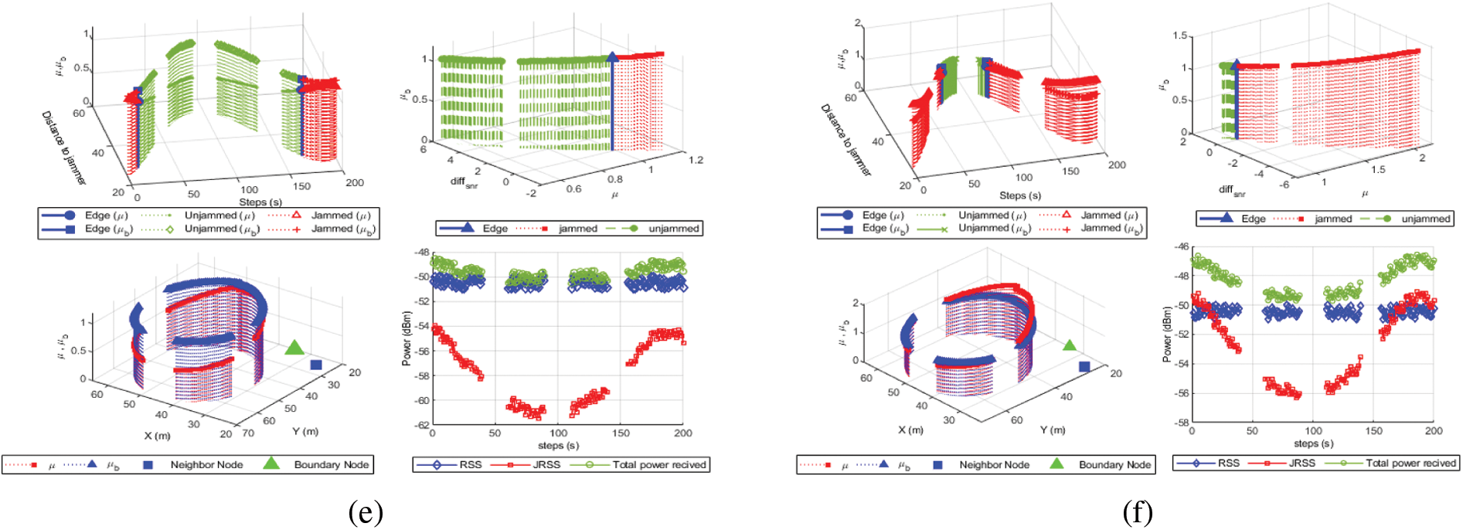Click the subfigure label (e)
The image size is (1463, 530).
point(366,512)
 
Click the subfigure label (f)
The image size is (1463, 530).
point(1138,512)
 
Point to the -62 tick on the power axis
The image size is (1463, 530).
point(421,425)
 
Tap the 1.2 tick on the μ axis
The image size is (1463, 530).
point(696,160)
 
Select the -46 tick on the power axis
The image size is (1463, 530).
point(1182,246)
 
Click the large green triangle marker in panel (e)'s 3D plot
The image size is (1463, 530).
point(294,348)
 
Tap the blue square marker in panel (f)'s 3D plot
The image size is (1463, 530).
point(1084,366)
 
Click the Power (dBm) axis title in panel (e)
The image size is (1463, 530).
point(407,338)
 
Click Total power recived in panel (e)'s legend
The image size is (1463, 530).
point(659,464)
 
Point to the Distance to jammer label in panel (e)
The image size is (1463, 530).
point(63,147)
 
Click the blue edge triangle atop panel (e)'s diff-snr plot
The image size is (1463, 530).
point(613,57)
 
